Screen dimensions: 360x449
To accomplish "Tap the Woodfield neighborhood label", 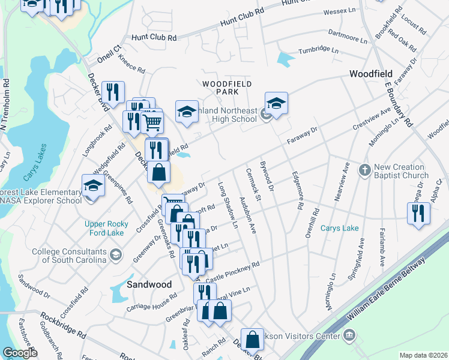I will pyautogui.click(x=371, y=73).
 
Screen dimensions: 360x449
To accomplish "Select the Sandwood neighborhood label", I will pyautogui.click(x=149, y=284).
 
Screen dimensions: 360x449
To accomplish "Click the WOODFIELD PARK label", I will pyautogui.click(x=226, y=88).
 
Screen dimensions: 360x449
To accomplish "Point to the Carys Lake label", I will pyautogui.click(x=340, y=228).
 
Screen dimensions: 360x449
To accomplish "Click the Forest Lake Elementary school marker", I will pyautogui.click(x=93, y=185).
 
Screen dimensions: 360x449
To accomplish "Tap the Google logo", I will pyautogui.click(x=20, y=353).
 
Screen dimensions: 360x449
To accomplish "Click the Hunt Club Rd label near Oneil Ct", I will pyautogui.click(x=155, y=37).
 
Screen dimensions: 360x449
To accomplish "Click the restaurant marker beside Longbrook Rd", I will pyautogui.click(x=113, y=92).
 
